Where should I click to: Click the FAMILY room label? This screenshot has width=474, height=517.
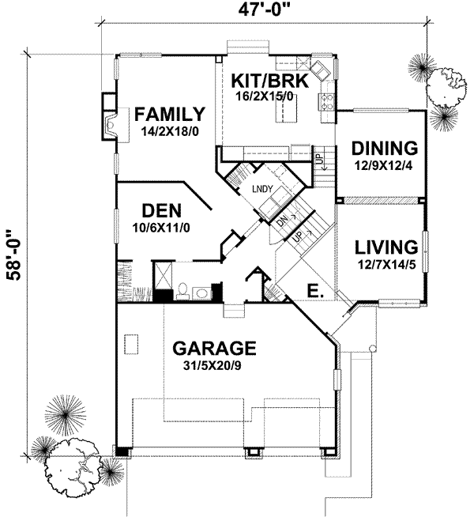point(168,112)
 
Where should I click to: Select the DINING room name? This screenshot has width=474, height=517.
point(384,148)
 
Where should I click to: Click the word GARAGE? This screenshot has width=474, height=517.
point(214,348)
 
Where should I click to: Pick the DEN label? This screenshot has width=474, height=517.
point(162,211)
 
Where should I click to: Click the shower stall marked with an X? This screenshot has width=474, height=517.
point(163,276)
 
